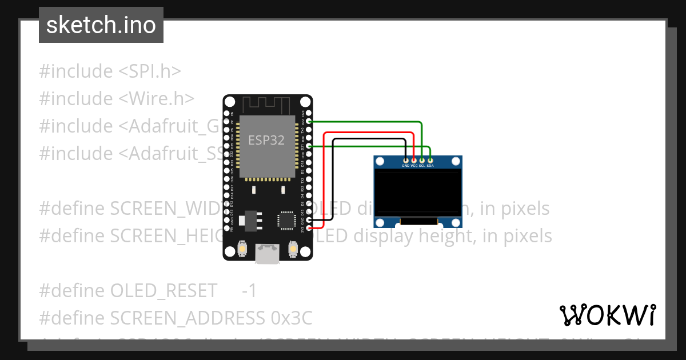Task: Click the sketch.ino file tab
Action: coord(101,25)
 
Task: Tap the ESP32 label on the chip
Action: coord(266,140)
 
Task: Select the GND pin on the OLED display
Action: coord(405,160)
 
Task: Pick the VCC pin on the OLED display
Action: coord(414,160)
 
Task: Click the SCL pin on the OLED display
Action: coord(422,160)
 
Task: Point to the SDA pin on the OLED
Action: coord(430,160)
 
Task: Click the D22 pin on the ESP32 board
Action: coord(309,121)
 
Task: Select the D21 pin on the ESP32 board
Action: coord(309,146)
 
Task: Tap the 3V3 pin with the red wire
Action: coord(309,228)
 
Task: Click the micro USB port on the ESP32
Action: coord(268,254)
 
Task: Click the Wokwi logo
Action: coord(607,315)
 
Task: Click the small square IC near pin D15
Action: coord(285,221)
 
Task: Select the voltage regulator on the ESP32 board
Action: coord(250,218)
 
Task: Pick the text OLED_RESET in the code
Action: coord(163,290)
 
